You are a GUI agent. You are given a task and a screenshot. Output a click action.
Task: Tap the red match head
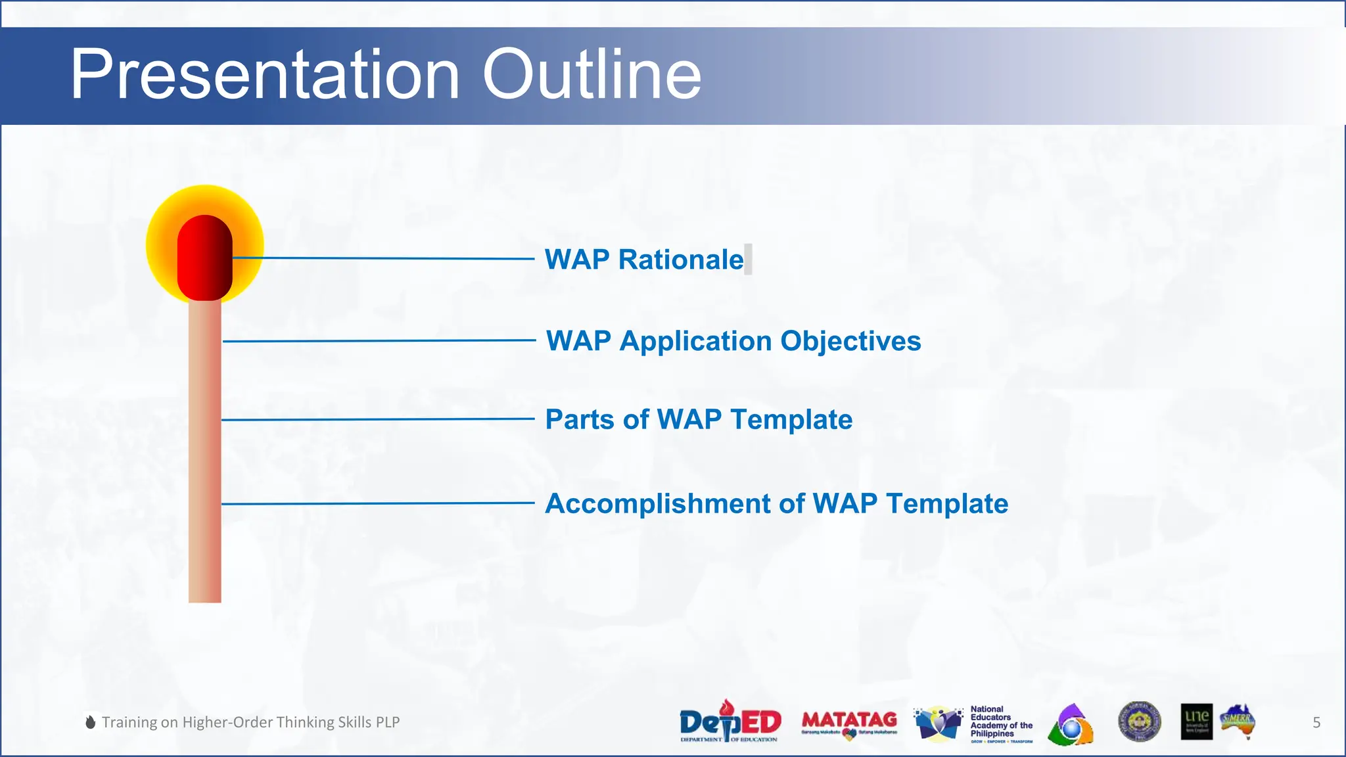pyautogui.click(x=204, y=258)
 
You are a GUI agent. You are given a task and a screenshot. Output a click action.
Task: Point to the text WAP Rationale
pyautogui.click(x=644, y=260)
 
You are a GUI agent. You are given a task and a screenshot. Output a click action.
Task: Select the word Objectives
pyautogui.click(x=850, y=341)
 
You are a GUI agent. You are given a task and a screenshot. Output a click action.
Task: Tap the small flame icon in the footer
pyautogui.click(x=91, y=722)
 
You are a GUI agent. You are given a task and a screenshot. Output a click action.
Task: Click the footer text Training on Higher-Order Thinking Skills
pyautogui.click(x=250, y=722)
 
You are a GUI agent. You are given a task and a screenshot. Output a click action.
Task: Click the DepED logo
pyautogui.click(x=730, y=722)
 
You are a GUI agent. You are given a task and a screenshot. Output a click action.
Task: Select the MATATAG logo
pyautogui.click(x=849, y=722)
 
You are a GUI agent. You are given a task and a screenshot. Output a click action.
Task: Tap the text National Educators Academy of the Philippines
pyautogui.click(x=1000, y=722)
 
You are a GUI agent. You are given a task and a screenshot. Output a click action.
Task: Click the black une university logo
pyautogui.click(x=1196, y=722)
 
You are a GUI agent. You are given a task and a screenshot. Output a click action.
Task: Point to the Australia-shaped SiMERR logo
pyautogui.click(x=1238, y=721)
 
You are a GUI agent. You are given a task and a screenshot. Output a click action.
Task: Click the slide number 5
pyautogui.click(x=1316, y=722)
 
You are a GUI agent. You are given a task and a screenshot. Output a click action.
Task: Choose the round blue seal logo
pyautogui.click(x=1140, y=721)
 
